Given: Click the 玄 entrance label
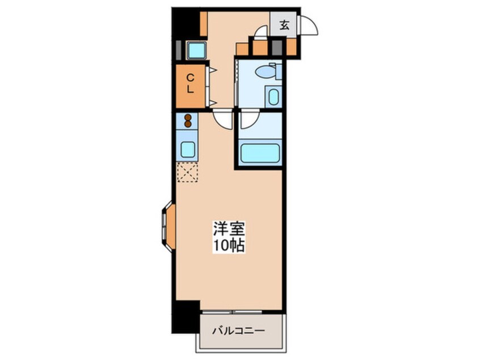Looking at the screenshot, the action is pyautogui.click(x=284, y=25).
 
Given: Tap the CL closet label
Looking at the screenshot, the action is pyautogui.click(x=191, y=83).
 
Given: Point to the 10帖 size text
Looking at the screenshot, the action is pyautogui.click(x=229, y=245).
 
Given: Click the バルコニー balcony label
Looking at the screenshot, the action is pyautogui.click(x=238, y=330).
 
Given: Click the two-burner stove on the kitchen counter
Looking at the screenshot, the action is pyautogui.click(x=188, y=120).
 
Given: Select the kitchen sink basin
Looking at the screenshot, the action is pyautogui.click(x=188, y=150).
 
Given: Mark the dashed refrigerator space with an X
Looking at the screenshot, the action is pyautogui.click(x=188, y=172).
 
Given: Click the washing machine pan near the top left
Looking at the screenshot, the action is pyautogui.click(x=196, y=50).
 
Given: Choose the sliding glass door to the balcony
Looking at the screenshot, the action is pyautogui.click(x=233, y=312).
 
